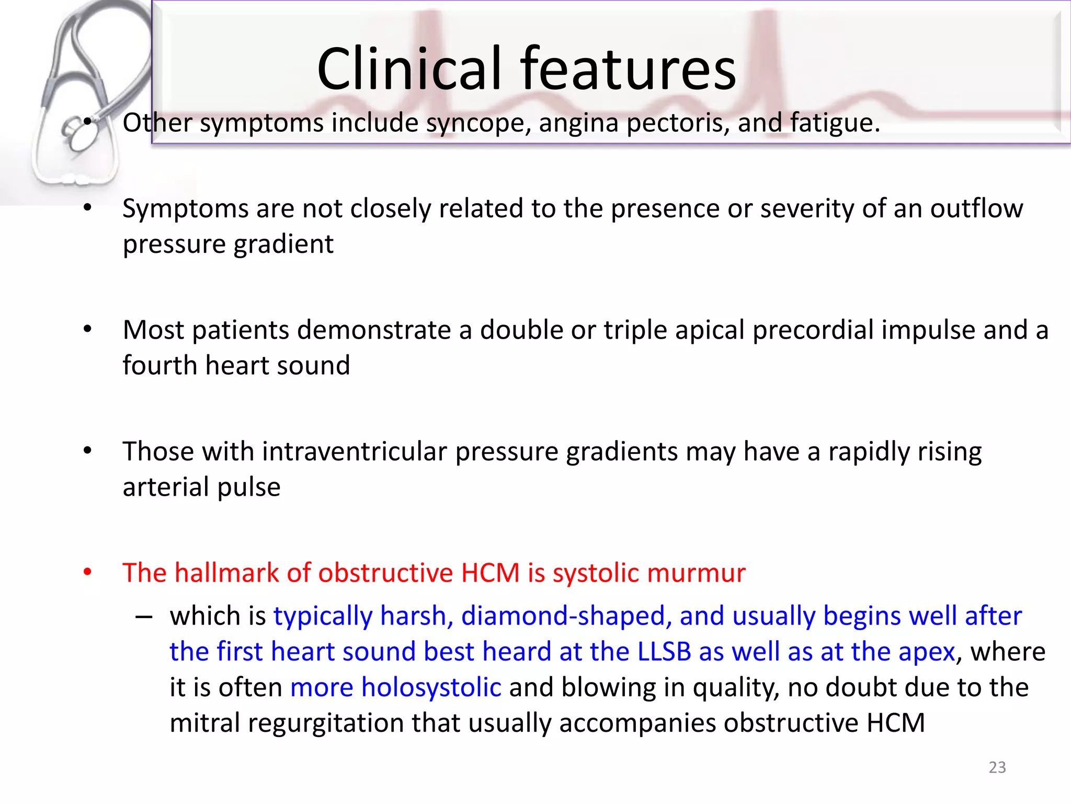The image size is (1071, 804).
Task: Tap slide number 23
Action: coord(997,767)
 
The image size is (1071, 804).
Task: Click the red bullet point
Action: coord(87,572)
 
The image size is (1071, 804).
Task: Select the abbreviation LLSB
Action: coord(664,652)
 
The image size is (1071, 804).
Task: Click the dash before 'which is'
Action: coord(143,617)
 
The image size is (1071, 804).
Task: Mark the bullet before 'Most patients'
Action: coord(87,330)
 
